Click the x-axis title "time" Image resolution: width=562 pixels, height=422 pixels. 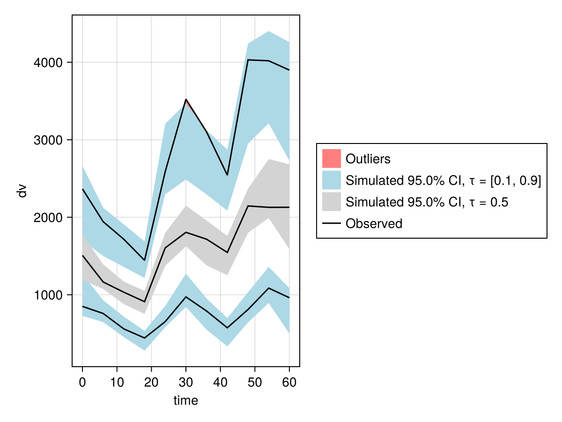click(186, 400)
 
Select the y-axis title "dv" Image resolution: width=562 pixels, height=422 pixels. click(22, 191)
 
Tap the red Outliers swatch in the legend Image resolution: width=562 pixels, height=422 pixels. click(332, 158)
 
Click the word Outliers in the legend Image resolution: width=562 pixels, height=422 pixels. click(368, 159)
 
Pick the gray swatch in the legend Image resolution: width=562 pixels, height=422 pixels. click(332, 202)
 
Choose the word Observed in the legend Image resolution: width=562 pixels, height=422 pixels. click(374, 224)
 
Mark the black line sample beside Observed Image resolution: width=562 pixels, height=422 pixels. click(332, 224)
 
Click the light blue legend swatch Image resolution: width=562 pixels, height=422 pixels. click(332, 181)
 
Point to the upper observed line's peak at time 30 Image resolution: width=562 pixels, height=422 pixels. click(186, 99)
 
